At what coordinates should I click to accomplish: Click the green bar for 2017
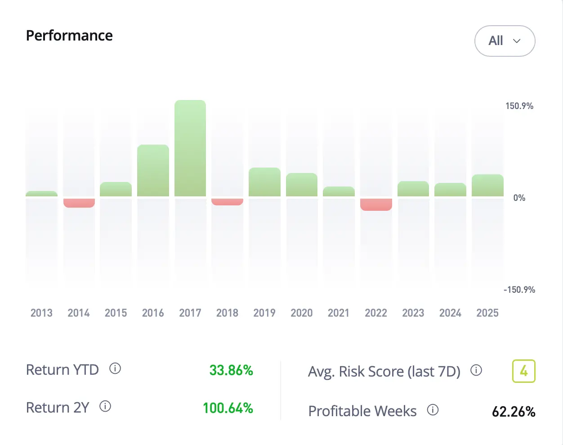190,148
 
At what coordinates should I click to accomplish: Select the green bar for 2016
153,171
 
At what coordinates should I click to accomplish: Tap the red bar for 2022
376,204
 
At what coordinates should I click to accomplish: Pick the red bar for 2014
79,203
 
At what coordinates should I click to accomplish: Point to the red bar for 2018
227,202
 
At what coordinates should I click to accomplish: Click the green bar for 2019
264,182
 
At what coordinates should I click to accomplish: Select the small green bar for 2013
41,194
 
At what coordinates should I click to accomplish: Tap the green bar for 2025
487,185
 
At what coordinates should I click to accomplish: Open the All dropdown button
505,41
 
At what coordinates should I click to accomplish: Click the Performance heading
69,36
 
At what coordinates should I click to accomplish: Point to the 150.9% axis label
519,106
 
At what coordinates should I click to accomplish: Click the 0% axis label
519,198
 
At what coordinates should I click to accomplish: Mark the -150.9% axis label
519,290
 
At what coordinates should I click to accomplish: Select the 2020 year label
301,313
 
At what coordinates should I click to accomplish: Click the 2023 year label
413,313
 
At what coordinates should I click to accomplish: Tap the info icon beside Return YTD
115,369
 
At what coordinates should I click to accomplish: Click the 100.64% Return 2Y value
228,408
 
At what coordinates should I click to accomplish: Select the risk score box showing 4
523,371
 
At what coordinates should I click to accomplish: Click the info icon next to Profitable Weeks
433,410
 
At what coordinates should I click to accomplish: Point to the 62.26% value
514,412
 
